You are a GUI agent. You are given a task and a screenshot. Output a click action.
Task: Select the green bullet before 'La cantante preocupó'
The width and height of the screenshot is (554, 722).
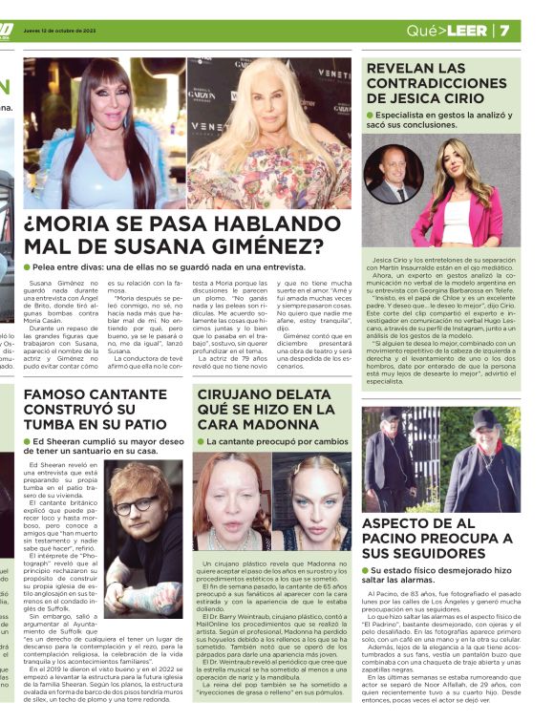[x=201, y=442]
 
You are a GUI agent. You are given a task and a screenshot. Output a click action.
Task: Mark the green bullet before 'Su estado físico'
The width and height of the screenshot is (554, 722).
[x=370, y=571]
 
